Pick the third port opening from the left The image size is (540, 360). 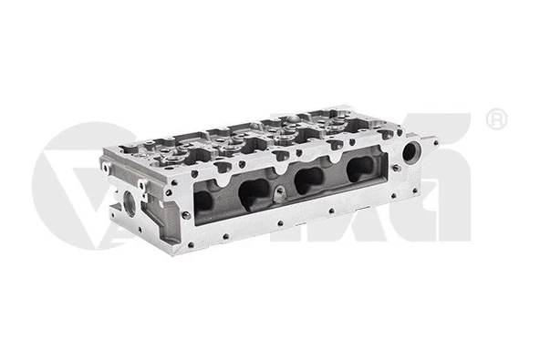coord(307,177)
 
